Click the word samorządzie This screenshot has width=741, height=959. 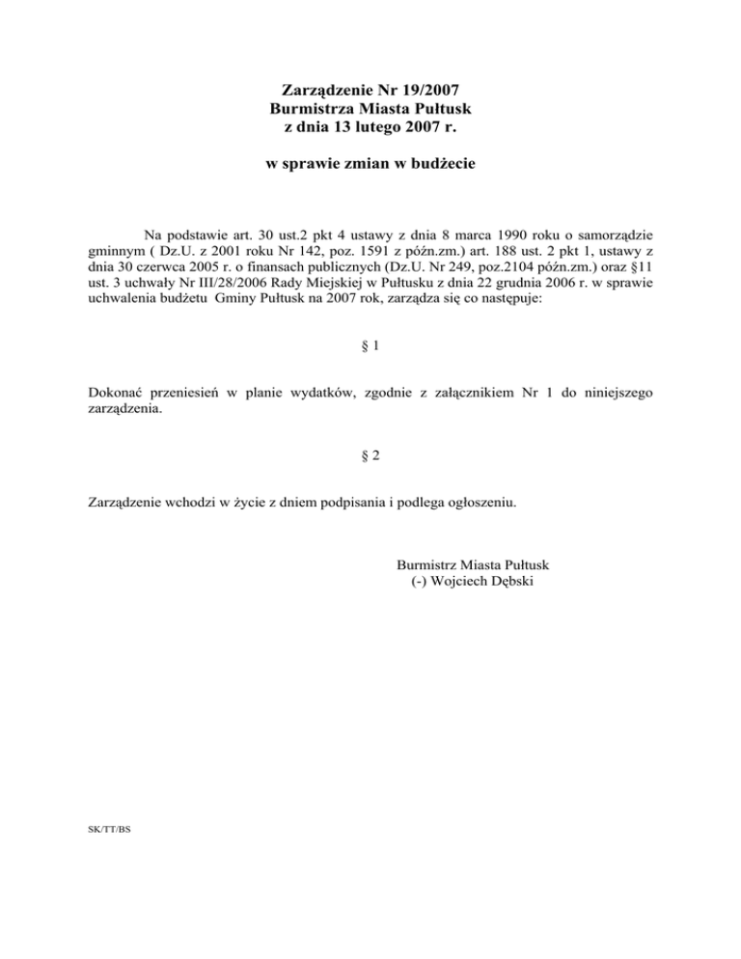614,234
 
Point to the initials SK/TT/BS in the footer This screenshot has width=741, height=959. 98,828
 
